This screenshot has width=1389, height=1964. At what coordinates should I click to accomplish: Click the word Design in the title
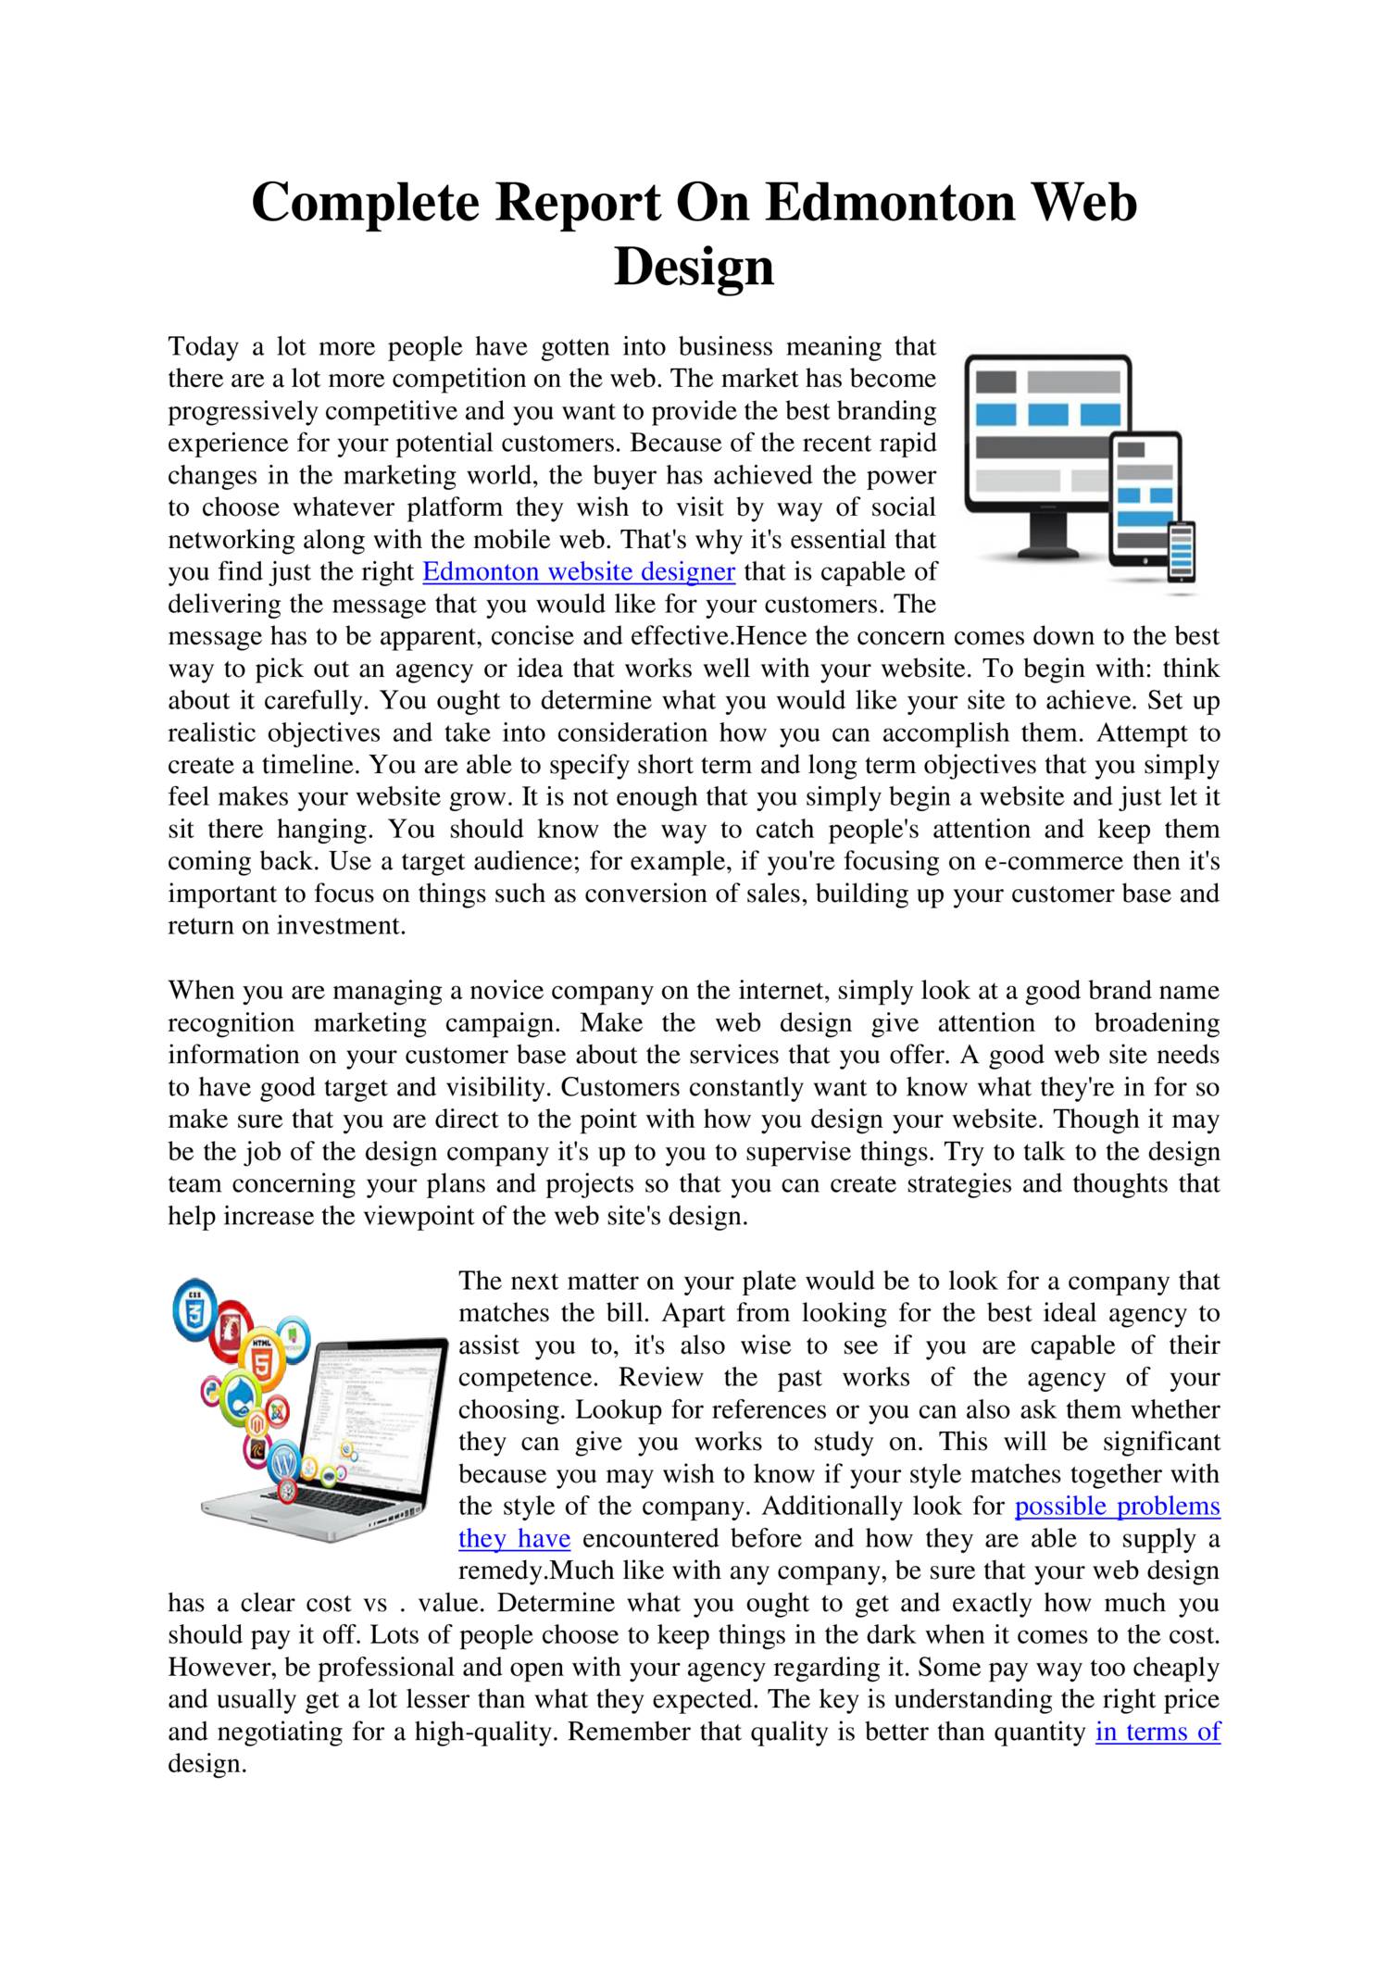[694, 267]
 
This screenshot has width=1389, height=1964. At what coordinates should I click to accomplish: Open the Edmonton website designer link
[579, 571]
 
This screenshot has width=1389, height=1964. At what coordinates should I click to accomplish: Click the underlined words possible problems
[1118, 1506]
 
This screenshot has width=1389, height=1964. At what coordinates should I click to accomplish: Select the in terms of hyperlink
[1157, 1731]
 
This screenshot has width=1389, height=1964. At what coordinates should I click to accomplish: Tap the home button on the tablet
[1145, 560]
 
